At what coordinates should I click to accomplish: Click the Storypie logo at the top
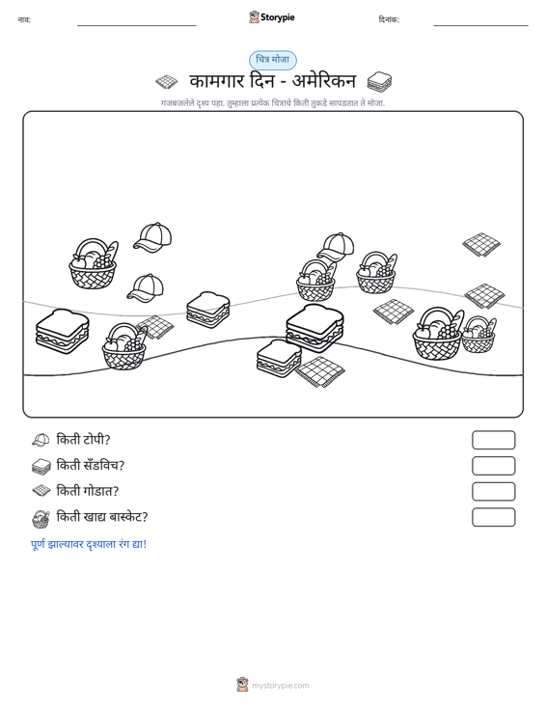pos(272,17)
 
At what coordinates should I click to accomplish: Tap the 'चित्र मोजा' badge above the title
pos(273,60)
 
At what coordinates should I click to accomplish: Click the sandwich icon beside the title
pos(379,82)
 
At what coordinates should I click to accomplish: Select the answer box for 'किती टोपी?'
pos(494,440)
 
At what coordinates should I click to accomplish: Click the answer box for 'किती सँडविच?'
pos(494,466)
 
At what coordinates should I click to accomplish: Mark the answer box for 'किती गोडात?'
pos(494,492)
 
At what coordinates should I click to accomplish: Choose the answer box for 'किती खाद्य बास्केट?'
pos(494,517)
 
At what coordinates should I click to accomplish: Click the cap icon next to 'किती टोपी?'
pos(41,440)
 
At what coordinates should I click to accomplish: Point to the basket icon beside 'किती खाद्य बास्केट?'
pos(41,519)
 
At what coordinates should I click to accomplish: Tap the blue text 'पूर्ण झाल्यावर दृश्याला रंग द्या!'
pos(89,544)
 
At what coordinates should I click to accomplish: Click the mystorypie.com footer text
pos(281,686)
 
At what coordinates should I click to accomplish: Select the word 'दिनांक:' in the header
pos(389,19)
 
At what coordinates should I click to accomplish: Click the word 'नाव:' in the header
pos(24,19)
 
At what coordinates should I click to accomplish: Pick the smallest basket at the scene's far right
pos(478,335)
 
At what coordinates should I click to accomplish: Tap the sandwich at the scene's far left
pos(62,331)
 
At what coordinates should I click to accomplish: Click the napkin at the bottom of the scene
pos(319,371)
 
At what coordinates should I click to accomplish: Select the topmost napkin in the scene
pos(481,244)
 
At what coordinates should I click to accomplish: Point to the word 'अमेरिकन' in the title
pos(324,82)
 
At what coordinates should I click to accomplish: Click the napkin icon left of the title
pos(167,82)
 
